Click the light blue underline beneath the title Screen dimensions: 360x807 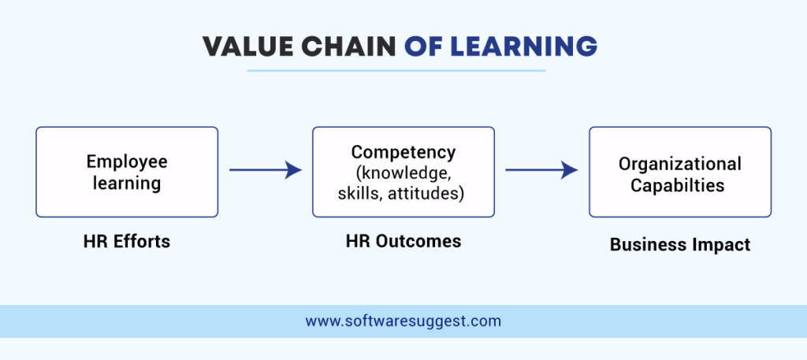(396, 71)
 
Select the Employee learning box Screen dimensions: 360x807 (126, 172)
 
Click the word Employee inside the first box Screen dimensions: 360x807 (127, 161)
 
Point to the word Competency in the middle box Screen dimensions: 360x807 (403, 152)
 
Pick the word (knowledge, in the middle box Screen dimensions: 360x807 (403, 172)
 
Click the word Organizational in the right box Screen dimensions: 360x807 (679, 164)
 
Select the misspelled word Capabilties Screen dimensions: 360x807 (679, 186)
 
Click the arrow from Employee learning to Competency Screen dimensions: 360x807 (265, 169)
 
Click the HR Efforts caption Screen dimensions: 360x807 (126, 242)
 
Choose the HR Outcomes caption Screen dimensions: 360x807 (403, 242)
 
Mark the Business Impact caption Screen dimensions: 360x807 (679, 245)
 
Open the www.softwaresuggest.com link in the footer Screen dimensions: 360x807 (403, 321)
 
